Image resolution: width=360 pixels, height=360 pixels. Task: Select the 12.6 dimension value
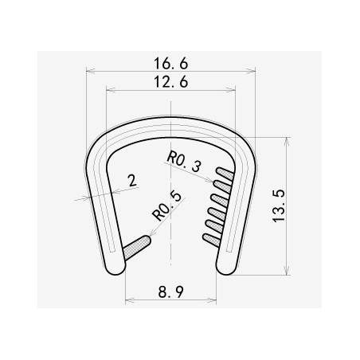tap(170, 80)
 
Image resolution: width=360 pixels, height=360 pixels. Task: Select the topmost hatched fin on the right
tap(223, 174)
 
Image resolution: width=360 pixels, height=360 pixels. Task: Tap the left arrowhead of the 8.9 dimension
tap(127, 301)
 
